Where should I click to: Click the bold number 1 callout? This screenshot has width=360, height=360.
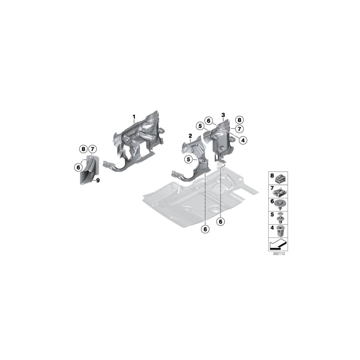coord(134,117)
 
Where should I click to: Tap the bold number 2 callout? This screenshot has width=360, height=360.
coord(190,136)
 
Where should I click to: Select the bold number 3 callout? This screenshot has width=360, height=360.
coord(223,115)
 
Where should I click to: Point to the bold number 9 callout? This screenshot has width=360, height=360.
coord(98,180)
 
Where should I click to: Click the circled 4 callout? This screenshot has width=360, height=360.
coord(243,140)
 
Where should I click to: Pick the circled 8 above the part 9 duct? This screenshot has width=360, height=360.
coord(83,149)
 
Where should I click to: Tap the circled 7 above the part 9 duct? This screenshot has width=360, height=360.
coord(92,149)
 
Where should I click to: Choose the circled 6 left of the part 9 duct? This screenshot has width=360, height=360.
coord(78,167)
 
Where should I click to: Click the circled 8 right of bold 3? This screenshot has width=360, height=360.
coord(240,120)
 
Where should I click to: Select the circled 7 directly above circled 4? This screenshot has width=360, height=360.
coord(239,129)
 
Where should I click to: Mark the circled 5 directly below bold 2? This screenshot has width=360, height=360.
coord(188,159)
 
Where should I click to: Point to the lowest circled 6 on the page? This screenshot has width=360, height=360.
coord(205,229)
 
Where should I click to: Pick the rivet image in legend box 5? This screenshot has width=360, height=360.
coord(280,218)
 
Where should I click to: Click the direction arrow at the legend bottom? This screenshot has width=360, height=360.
coord(278,244)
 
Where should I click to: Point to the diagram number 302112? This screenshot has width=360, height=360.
coord(279,254)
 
